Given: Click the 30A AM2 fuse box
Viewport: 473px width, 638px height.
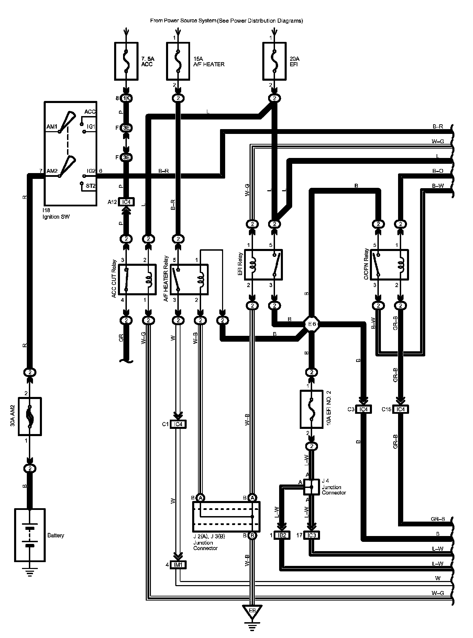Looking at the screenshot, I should pyautogui.click(x=30, y=417).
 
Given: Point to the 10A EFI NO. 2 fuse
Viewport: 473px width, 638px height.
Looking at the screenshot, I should pyautogui.click(x=311, y=409).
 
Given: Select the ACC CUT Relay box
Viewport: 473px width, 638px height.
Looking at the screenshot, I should pyautogui.click(x=137, y=279).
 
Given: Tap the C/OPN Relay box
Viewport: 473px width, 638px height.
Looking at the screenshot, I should pyautogui.click(x=389, y=265).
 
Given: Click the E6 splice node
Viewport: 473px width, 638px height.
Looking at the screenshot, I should pyautogui.click(x=312, y=324).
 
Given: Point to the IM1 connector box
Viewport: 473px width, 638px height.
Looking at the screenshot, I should pyautogui.click(x=178, y=565).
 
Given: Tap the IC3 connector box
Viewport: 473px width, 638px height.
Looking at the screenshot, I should pyautogui.click(x=311, y=535).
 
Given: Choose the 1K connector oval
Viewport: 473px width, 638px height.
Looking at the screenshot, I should pyautogui.click(x=126, y=99).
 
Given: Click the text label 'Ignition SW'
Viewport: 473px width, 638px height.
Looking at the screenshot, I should pyautogui.click(x=56, y=217).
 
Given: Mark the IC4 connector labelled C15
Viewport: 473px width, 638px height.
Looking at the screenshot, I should pyautogui.click(x=400, y=409).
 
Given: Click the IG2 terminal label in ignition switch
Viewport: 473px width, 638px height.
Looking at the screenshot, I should pyautogui.click(x=91, y=171).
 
